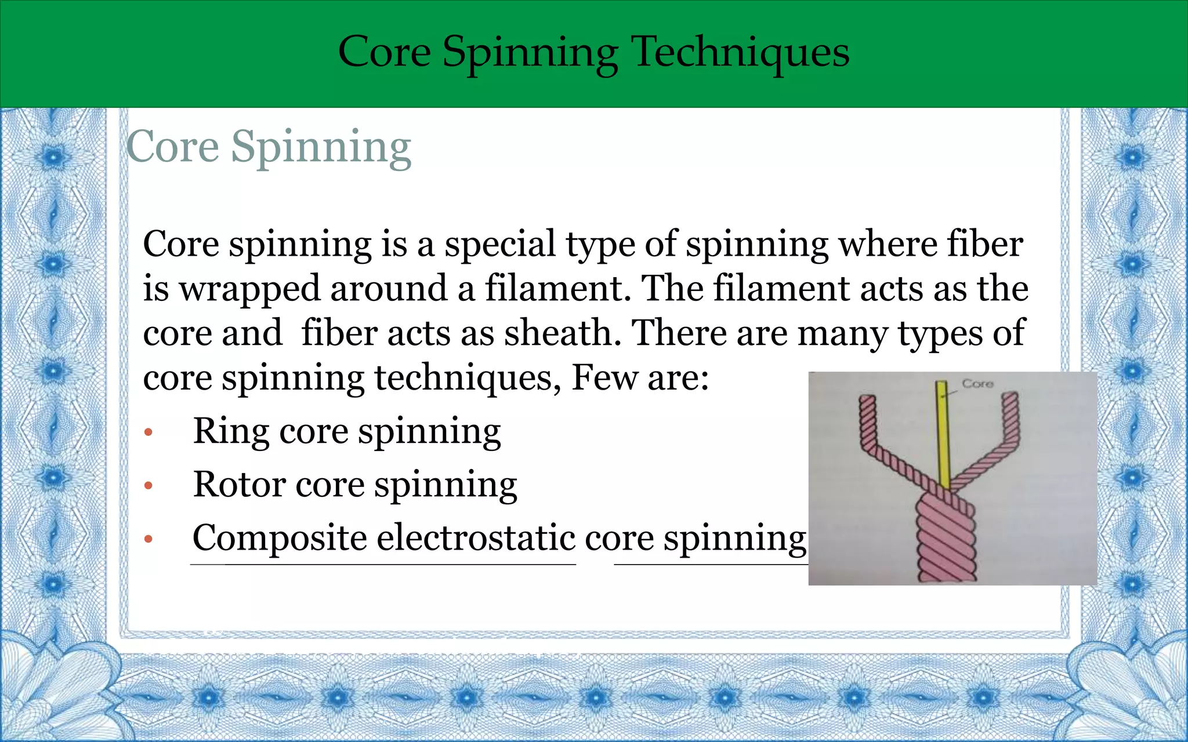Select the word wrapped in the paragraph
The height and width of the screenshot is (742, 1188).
click(249, 289)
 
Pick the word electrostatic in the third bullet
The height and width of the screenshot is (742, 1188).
click(476, 538)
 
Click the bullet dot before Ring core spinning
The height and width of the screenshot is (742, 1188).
click(148, 432)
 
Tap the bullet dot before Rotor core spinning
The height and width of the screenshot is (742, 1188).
click(148, 486)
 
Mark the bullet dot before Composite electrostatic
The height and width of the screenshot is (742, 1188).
click(148, 539)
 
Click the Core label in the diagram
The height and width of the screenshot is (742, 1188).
click(977, 384)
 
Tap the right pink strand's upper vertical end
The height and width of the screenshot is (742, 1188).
click(1009, 417)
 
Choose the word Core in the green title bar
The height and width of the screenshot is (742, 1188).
click(384, 52)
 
